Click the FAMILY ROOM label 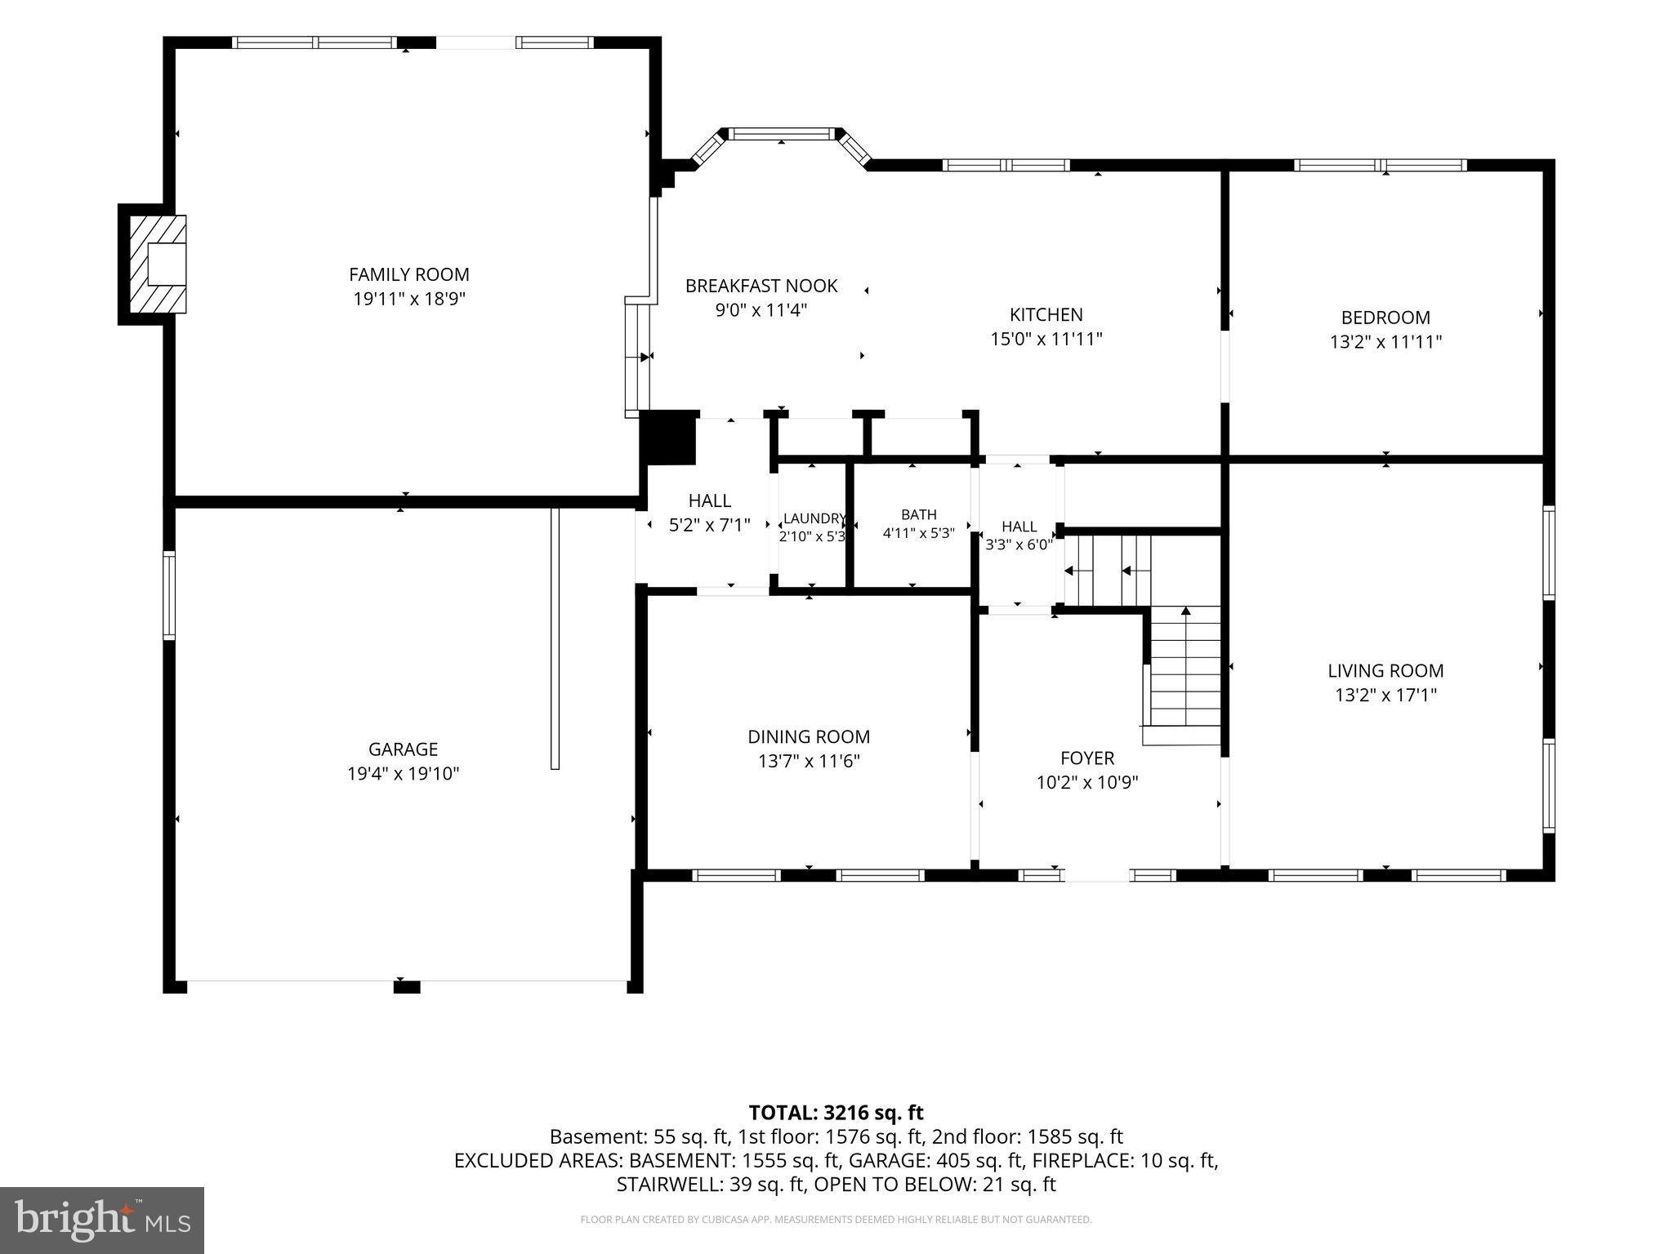(409, 274)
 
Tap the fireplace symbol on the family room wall (158, 264)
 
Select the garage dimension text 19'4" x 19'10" (404, 773)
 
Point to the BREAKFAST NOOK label (761, 286)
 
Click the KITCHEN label (1046, 314)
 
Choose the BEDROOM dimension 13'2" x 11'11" (1386, 341)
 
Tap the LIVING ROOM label (1385, 671)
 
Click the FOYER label (1087, 758)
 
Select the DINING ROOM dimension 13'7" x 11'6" (809, 761)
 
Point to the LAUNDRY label (814, 518)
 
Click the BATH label (919, 514)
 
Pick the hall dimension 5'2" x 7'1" (710, 525)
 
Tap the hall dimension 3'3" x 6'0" (1019, 545)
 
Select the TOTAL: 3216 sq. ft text (836, 1112)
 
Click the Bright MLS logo (102, 1220)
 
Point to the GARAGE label (404, 749)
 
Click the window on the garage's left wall (169, 595)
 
